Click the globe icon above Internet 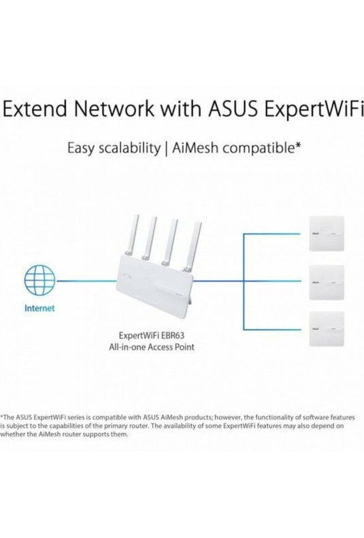click(39, 280)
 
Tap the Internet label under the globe click(39, 308)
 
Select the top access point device click(327, 234)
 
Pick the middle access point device click(327, 282)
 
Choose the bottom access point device click(327, 329)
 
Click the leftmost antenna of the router click(133, 236)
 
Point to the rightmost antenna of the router click(193, 246)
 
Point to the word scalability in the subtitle click(129, 149)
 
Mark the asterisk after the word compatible click(298, 146)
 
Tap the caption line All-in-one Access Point click(152, 347)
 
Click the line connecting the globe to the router click(86, 281)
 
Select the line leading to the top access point click(271, 234)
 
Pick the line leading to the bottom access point click(271, 330)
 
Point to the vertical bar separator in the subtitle click(166, 149)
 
